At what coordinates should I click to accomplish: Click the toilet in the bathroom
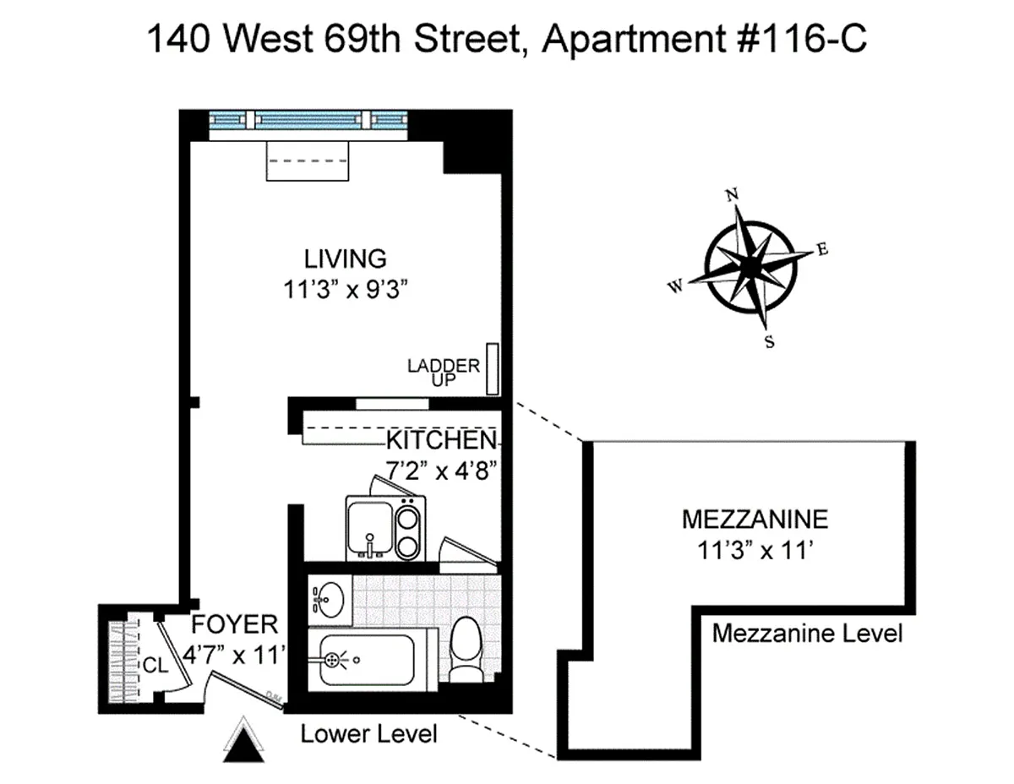pyautogui.click(x=465, y=649)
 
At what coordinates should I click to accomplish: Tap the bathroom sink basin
pyautogui.click(x=329, y=599)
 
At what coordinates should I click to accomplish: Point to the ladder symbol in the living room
pyautogui.click(x=492, y=369)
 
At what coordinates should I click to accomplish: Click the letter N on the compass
pyautogui.click(x=732, y=195)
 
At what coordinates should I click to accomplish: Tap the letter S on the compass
pyautogui.click(x=770, y=342)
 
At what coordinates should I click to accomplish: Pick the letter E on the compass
pyautogui.click(x=822, y=249)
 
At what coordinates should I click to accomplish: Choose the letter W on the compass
pyautogui.click(x=676, y=286)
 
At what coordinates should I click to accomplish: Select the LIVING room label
pyautogui.click(x=346, y=259)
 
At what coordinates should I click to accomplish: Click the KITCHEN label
pyautogui.click(x=441, y=440)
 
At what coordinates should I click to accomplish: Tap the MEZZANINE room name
pyautogui.click(x=755, y=520)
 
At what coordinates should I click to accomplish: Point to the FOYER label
pyautogui.click(x=235, y=624)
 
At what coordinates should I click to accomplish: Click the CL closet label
pyautogui.click(x=155, y=666)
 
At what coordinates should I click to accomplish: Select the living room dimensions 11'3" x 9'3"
pyautogui.click(x=346, y=290)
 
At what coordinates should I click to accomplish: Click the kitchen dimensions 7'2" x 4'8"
pyautogui.click(x=440, y=471)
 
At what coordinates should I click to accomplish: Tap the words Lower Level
pyautogui.click(x=368, y=733)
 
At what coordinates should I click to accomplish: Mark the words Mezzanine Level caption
pyautogui.click(x=807, y=634)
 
